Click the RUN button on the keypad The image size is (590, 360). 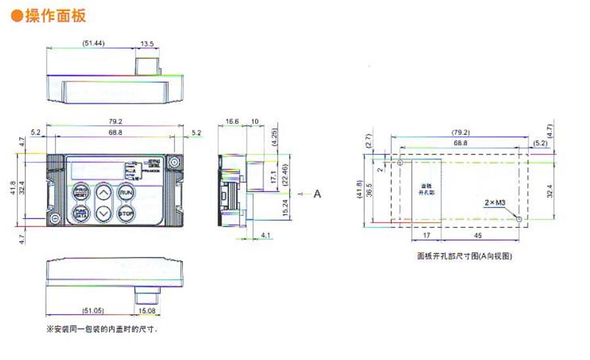(126, 193)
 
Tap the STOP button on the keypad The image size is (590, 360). (126, 212)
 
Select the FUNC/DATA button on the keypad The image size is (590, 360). (81, 212)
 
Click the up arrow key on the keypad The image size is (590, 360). (104, 193)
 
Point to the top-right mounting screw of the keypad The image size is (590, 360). (174, 162)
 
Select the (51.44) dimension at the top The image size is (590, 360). (93, 43)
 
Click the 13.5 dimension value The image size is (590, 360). (147, 43)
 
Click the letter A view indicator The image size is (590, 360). (317, 194)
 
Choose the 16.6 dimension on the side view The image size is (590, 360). (231, 122)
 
